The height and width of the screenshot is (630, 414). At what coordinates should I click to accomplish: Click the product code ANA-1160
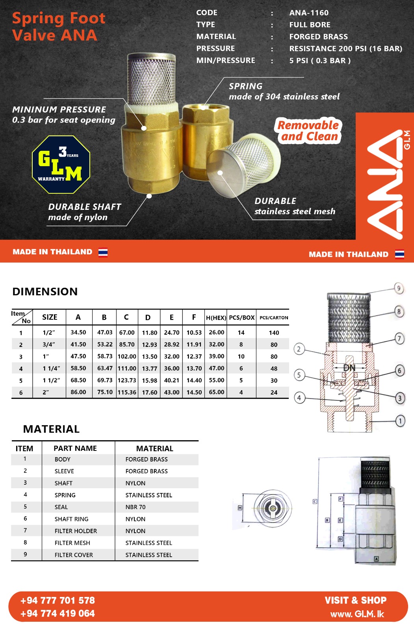point(309,13)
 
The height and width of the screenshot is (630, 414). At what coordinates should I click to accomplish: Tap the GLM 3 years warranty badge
point(61,165)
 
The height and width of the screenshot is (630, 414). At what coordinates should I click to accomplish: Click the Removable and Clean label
point(308,131)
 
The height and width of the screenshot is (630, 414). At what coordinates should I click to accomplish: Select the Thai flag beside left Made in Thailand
point(103,252)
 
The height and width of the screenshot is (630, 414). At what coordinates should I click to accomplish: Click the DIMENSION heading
point(45,292)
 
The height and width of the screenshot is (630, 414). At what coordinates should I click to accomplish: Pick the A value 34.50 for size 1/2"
point(78,332)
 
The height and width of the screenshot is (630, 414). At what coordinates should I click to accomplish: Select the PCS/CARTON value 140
point(274,333)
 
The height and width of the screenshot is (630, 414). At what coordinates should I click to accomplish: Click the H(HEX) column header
point(216,317)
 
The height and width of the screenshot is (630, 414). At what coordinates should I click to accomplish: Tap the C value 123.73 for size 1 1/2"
point(127,380)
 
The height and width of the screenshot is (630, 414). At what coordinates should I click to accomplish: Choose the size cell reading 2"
point(46,393)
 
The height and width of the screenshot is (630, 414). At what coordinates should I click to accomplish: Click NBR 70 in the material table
point(136,507)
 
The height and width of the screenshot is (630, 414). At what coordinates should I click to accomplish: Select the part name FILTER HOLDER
point(76,531)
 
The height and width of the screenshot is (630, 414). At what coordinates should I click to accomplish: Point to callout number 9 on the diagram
point(399,289)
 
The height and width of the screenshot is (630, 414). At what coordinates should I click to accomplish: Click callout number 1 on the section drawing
point(400,421)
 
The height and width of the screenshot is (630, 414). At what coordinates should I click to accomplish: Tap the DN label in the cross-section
point(349,368)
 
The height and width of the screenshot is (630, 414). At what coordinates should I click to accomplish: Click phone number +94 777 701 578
point(58,600)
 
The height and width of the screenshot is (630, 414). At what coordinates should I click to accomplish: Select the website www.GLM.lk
point(357,614)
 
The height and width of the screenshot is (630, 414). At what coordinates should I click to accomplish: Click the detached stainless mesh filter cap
point(240,165)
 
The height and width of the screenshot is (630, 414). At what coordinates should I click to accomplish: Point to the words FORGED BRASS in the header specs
point(318,37)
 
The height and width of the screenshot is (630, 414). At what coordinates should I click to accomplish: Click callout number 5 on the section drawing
point(299,375)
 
